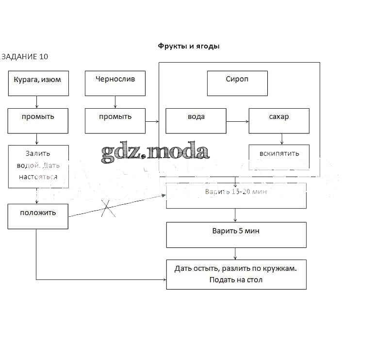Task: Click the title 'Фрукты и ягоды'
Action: [x=189, y=47]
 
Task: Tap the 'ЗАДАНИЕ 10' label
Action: [x=25, y=57]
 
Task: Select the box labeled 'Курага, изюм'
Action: [x=38, y=83]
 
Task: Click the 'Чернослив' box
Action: [x=115, y=83]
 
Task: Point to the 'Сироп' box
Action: [x=237, y=83]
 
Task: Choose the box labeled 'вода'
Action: [x=196, y=120]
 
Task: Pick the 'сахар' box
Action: [x=279, y=120]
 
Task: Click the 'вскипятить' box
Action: [x=279, y=157]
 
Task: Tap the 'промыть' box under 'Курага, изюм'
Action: [x=38, y=120]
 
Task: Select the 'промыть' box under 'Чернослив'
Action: [x=115, y=120]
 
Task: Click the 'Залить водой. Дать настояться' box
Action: [x=38, y=166]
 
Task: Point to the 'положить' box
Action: [x=38, y=216]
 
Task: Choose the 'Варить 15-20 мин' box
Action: [x=236, y=196]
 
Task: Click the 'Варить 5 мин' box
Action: [x=236, y=235]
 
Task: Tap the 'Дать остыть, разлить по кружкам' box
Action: [x=236, y=275]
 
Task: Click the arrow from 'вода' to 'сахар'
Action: [x=237, y=121]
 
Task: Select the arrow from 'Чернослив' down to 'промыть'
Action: [x=115, y=102]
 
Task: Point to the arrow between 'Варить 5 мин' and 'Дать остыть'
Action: [x=236, y=254]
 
